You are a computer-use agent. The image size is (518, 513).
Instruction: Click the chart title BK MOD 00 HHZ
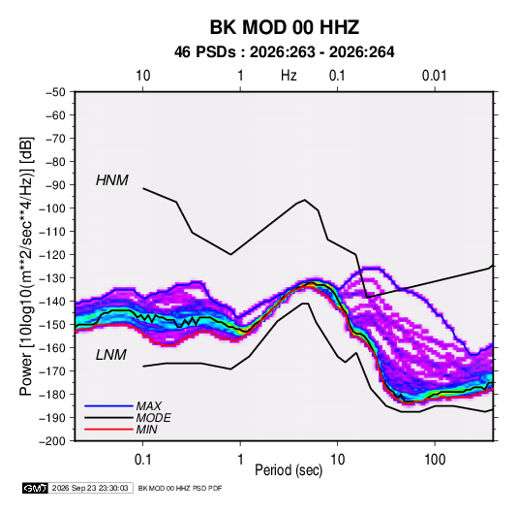point(284,27)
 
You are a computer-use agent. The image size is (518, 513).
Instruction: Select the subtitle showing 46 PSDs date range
point(284,52)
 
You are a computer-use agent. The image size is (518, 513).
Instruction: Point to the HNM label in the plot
point(112,180)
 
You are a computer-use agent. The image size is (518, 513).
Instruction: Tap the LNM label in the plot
point(111,355)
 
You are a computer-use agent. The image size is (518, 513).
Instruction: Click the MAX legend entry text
point(149,405)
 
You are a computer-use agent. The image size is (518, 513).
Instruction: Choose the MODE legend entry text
point(153,418)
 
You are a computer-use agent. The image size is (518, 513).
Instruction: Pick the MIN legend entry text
point(146,430)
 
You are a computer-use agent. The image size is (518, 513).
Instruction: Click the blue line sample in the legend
point(108,405)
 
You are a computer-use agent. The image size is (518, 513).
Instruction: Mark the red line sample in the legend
point(108,430)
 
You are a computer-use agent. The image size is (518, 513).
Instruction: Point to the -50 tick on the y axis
point(55,92)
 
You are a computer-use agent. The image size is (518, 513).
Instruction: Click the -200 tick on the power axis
point(52,441)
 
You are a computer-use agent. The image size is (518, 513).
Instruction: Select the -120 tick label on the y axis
point(52,254)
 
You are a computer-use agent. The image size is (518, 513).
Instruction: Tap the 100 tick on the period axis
point(435,460)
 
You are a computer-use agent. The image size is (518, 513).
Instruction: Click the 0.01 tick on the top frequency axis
point(434,76)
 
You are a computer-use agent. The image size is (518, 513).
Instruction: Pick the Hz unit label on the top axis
point(289,76)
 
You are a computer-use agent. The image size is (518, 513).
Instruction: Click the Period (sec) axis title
point(289,470)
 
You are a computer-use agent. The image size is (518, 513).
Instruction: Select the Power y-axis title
point(26,266)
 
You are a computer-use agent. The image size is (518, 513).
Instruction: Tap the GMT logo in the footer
point(35,488)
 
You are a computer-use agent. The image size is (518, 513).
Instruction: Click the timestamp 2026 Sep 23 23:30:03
point(90,488)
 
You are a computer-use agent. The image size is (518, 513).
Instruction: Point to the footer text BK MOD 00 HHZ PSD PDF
point(180,488)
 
